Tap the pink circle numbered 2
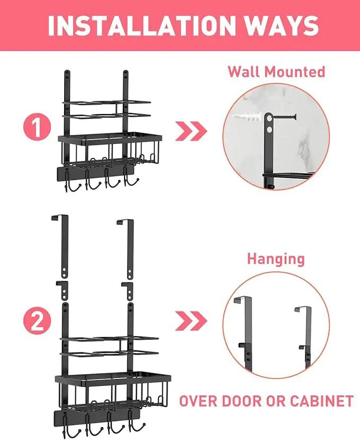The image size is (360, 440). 37,321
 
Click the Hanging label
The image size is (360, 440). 276,260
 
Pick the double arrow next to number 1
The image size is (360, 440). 191,131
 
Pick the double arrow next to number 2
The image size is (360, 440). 191,321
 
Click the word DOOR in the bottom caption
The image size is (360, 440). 241,401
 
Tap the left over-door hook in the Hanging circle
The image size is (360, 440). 247,334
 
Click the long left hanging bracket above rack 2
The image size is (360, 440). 64,246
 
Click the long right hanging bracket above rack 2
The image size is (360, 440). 129,249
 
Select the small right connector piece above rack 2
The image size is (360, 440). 129,291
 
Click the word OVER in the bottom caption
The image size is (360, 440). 197,401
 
